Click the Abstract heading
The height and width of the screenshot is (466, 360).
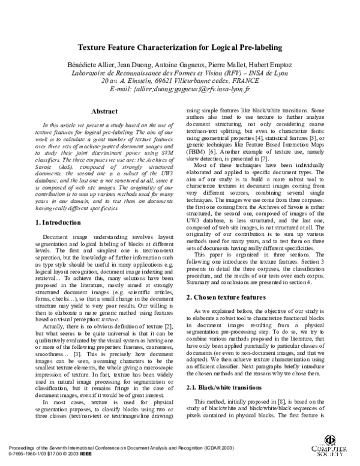[99, 111]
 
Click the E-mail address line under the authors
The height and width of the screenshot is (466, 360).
[180, 89]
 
